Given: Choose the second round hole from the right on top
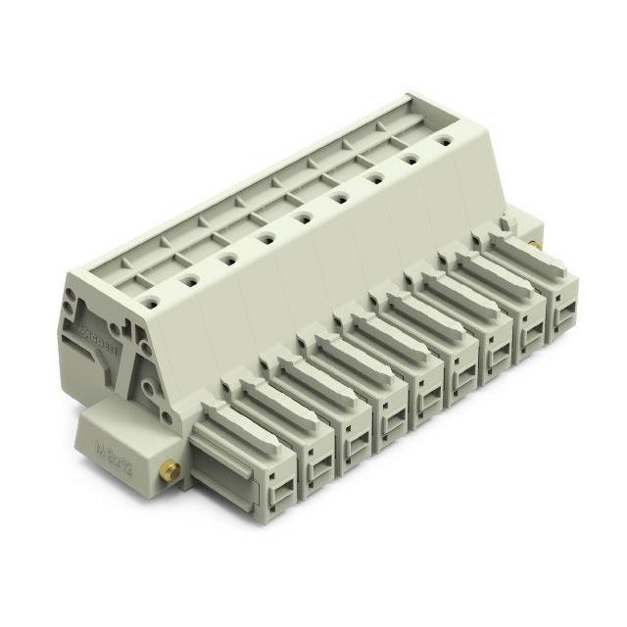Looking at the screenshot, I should (410, 161).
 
